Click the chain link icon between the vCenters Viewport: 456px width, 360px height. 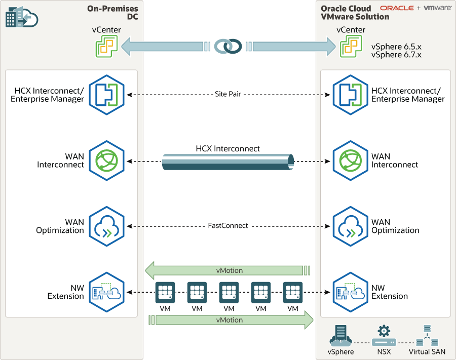point(227,46)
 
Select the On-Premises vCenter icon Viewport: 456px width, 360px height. point(106,47)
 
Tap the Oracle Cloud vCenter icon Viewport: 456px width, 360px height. point(351,47)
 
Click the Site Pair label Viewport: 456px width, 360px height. point(227,95)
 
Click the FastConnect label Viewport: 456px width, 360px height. point(227,225)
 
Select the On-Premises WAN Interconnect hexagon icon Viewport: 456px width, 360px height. point(107,161)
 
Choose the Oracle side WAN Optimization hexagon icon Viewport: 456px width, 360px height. point(351,225)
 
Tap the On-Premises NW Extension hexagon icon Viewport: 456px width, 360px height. point(107,292)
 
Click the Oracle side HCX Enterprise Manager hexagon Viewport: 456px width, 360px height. point(351,95)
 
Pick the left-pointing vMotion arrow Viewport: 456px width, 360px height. point(227,270)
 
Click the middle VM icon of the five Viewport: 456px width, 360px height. point(229,292)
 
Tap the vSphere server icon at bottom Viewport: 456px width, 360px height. point(340,334)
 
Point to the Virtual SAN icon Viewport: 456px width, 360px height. point(427,334)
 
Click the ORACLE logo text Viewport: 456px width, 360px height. point(397,8)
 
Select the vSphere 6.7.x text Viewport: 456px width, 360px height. point(396,54)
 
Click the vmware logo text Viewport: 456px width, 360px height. point(437,8)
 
